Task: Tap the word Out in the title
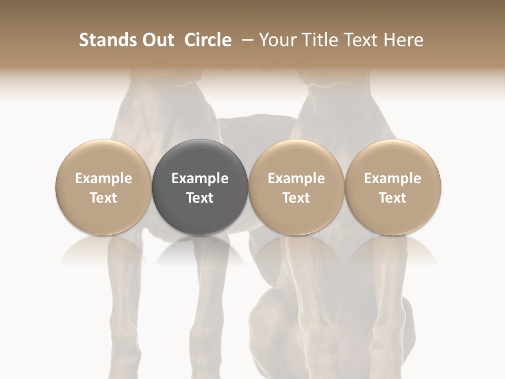156,40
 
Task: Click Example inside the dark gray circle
200,179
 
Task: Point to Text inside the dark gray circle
200,198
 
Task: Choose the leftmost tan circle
103,158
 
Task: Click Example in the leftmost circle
103,179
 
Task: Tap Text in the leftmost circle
103,198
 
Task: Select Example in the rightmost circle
392,179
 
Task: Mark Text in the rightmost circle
392,198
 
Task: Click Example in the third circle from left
296,179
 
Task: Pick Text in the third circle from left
296,198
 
